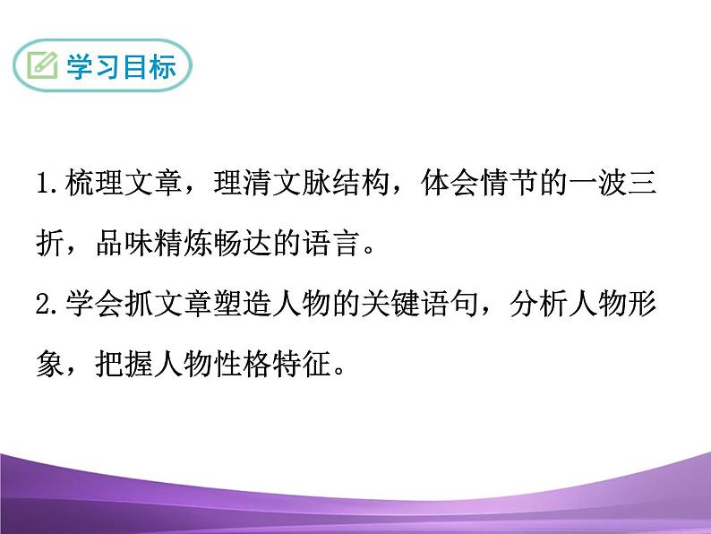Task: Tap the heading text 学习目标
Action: click(121, 67)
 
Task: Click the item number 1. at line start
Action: click(48, 185)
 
